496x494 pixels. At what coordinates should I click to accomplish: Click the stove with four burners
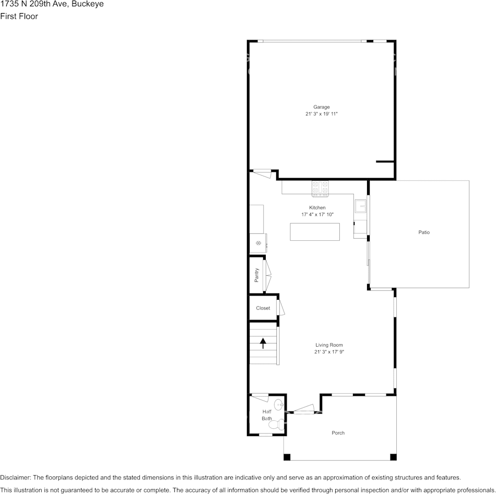pyautogui.click(x=321, y=187)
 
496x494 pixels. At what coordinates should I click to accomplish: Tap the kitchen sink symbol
pyautogui.click(x=361, y=207)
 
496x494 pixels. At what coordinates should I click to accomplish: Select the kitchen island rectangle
pyautogui.click(x=315, y=232)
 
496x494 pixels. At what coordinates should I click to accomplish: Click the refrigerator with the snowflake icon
pyautogui.click(x=258, y=243)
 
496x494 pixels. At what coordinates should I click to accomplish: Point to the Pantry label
pyautogui.click(x=257, y=275)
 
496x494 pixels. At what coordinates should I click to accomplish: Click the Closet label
pyautogui.click(x=263, y=308)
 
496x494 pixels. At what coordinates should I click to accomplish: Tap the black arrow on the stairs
pyautogui.click(x=263, y=343)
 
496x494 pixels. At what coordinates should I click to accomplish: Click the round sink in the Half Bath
pyautogui.click(x=279, y=404)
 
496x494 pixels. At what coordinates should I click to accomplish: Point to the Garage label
pyautogui.click(x=322, y=107)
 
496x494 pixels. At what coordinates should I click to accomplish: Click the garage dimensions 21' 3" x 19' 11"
pyautogui.click(x=322, y=114)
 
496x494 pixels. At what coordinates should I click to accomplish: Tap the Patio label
pyautogui.click(x=424, y=232)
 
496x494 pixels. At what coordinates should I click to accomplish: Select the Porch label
pyautogui.click(x=338, y=433)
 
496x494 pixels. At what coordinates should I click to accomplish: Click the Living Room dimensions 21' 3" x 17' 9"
pyautogui.click(x=329, y=352)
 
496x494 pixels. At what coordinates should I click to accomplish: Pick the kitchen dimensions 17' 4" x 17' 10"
pyautogui.click(x=317, y=215)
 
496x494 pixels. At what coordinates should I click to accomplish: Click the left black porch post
pyautogui.click(x=287, y=457)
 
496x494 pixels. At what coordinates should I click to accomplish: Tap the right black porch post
pyautogui.click(x=393, y=457)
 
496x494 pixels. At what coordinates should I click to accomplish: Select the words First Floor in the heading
pyautogui.click(x=19, y=16)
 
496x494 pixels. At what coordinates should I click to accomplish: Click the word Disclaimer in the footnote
pyautogui.click(x=15, y=477)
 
